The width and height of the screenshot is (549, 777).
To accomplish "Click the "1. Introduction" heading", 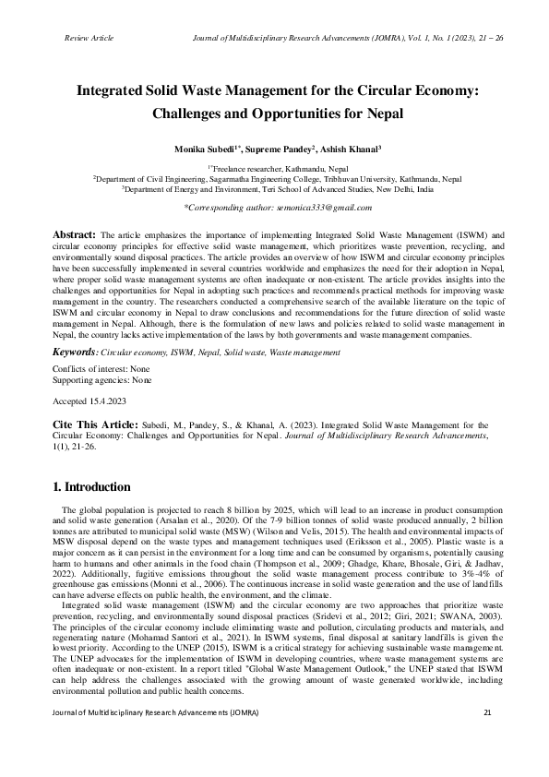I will coord(91,486).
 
